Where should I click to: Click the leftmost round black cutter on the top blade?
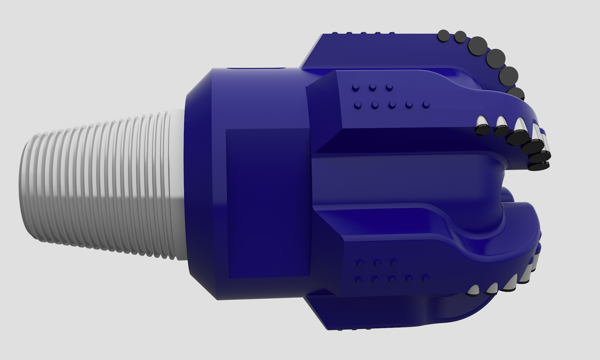click(x=443, y=36)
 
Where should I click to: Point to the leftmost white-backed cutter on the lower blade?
click(x=473, y=291)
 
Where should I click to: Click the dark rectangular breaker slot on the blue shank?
click(x=267, y=203)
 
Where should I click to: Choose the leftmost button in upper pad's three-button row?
click(x=355, y=88)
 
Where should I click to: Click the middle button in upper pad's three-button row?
click(x=372, y=88)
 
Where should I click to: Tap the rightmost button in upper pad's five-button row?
click(x=426, y=104)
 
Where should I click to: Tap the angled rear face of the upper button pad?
click(x=323, y=109)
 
